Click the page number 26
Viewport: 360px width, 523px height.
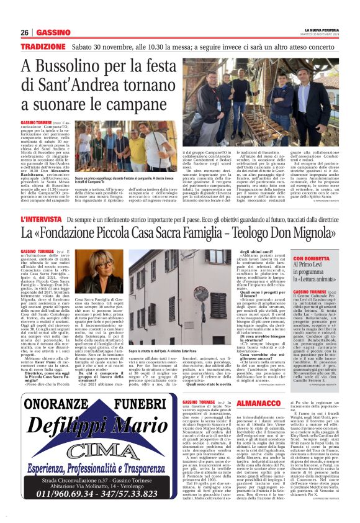tap(24, 32)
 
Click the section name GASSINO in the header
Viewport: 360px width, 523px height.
tap(53, 32)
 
